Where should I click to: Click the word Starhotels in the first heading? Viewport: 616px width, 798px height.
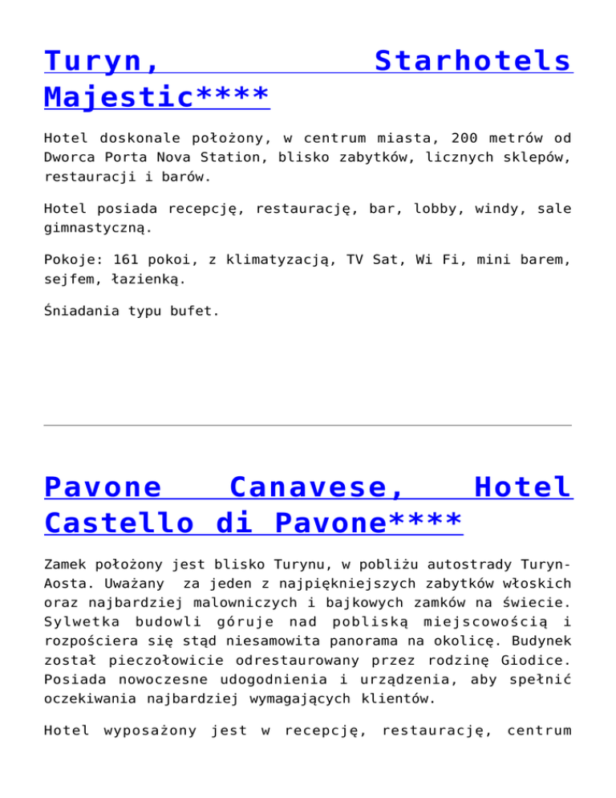click(x=473, y=61)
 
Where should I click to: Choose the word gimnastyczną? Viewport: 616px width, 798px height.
click(x=97, y=227)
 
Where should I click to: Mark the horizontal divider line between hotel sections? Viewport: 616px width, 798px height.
click(x=308, y=425)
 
